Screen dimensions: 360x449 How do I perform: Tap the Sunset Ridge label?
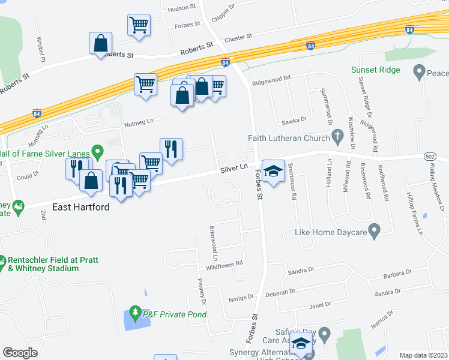point(376,70)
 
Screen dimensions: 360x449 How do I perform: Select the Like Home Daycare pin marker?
point(375,230)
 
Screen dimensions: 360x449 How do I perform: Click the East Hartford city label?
point(80,207)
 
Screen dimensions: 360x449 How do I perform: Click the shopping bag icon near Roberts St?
point(100,43)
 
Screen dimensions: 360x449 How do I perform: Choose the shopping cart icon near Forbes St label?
point(139,25)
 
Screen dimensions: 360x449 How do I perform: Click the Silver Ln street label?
point(234,170)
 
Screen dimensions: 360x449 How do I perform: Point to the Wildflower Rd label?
point(224,264)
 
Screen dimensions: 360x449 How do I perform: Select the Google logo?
point(20,353)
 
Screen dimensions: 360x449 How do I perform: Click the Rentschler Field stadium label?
point(43,264)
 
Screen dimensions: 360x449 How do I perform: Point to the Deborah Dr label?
point(277,294)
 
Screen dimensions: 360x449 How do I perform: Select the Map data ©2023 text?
point(423,355)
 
